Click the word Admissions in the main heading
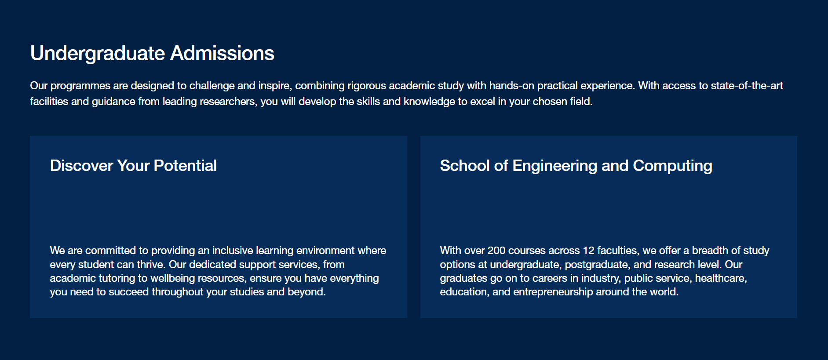pos(222,53)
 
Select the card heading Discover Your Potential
pos(133,166)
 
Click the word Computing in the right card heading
pos(672,166)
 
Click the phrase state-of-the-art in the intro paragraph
pos(747,86)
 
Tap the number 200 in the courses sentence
pos(496,251)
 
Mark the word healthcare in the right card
pos(721,279)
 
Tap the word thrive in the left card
pos(150,265)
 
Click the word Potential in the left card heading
pos(185,166)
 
